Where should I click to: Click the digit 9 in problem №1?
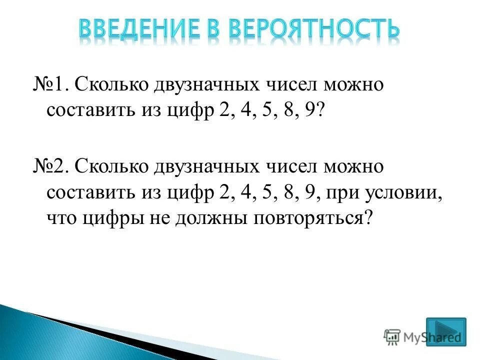(312, 111)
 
